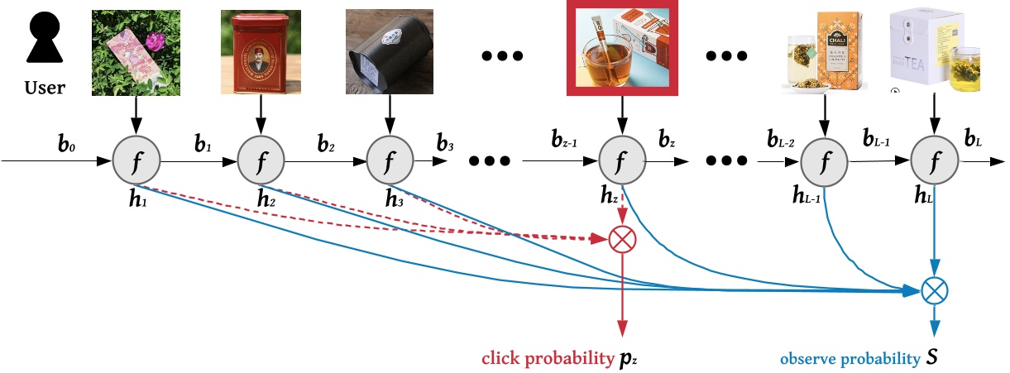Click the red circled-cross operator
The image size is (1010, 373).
pyautogui.click(x=620, y=240)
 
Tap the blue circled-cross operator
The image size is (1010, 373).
pyautogui.click(x=935, y=290)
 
